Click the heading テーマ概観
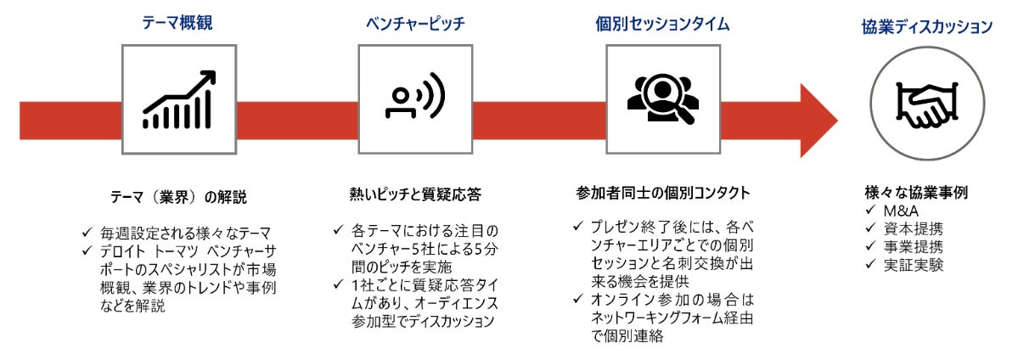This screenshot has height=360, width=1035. [x=177, y=23]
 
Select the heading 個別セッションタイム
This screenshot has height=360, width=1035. [x=662, y=23]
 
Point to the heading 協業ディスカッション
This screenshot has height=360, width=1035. [x=926, y=27]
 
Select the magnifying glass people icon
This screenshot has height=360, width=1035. [x=662, y=100]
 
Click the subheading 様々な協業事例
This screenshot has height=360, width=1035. [x=915, y=193]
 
